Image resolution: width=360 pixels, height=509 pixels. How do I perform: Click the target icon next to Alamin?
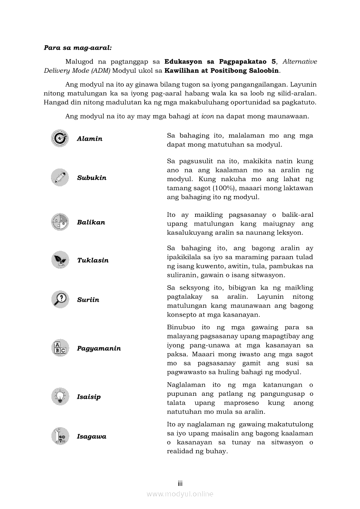[x=59, y=138]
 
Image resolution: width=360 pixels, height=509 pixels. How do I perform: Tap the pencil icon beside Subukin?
[x=59, y=177]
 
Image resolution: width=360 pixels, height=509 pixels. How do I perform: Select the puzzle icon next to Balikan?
[x=59, y=222]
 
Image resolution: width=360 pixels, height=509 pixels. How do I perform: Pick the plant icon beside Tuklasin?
[x=59, y=260]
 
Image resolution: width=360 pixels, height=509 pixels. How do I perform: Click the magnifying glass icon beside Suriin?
[x=59, y=299]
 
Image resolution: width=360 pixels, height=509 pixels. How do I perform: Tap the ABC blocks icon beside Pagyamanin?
[x=59, y=348]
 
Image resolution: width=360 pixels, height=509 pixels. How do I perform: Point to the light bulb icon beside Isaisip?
[x=59, y=396]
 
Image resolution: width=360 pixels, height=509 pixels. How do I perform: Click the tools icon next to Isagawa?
[x=59, y=436]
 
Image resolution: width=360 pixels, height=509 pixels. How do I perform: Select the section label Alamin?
[x=89, y=139]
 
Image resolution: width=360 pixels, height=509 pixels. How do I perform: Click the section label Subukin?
[x=92, y=178]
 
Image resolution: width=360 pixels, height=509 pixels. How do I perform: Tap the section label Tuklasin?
[x=93, y=260]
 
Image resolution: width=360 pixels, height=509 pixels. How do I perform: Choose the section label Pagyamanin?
[x=99, y=348]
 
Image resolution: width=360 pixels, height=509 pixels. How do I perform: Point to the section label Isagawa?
[x=92, y=436]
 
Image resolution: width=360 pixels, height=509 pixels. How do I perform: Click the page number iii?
[x=180, y=483]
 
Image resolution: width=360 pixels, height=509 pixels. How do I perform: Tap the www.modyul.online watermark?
[x=180, y=494]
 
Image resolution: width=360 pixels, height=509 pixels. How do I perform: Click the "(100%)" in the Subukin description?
[x=226, y=188]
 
